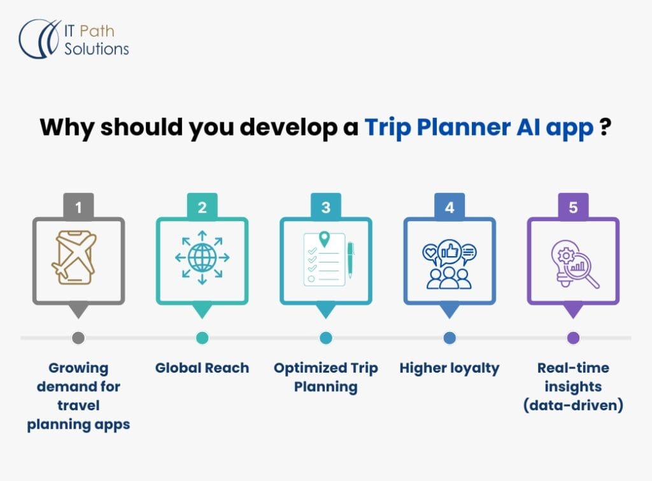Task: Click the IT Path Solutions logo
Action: click(x=74, y=39)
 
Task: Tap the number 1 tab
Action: click(x=78, y=206)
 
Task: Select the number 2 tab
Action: click(x=202, y=206)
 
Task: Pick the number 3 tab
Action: click(x=326, y=206)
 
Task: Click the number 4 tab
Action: click(x=450, y=206)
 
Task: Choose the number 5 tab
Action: click(x=573, y=206)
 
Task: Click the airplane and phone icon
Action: click(x=74, y=257)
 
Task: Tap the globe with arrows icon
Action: click(x=202, y=257)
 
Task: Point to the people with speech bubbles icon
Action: click(x=450, y=264)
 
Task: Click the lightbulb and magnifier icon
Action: click(x=575, y=263)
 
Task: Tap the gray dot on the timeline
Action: click(x=78, y=338)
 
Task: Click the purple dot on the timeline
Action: click(x=574, y=338)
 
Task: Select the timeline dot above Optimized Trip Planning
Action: click(x=326, y=338)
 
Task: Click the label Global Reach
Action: click(x=202, y=368)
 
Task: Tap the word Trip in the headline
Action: click(x=388, y=128)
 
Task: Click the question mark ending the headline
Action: click(x=606, y=127)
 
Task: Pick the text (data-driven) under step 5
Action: click(x=574, y=405)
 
